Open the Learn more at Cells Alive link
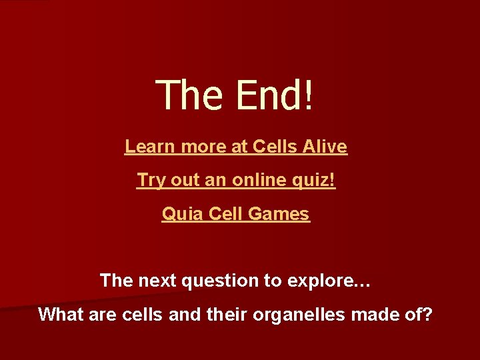(x=236, y=146)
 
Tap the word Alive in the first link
(x=325, y=146)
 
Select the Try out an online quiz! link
(x=236, y=180)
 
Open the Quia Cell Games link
(x=236, y=214)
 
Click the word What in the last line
(x=59, y=314)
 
